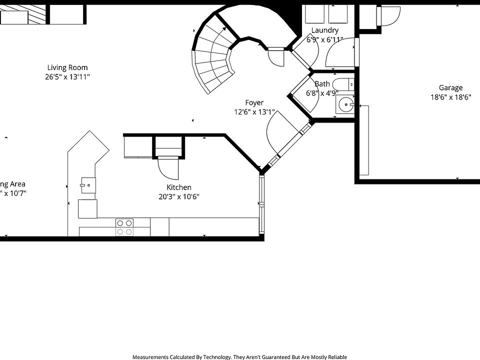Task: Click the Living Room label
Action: [67, 67]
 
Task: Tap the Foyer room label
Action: [254, 103]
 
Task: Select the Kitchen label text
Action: [178, 187]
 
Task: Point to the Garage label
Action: [450, 88]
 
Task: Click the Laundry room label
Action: [324, 30]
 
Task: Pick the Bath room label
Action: [322, 84]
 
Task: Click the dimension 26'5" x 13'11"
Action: [67, 77]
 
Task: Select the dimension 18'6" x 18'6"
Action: [450, 97]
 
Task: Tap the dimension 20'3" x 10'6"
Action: [178, 197]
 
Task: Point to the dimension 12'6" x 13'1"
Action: [254, 112]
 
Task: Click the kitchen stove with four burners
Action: [125, 227]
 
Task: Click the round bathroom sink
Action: [344, 105]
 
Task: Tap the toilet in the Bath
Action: [344, 83]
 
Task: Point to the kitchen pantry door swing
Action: [168, 168]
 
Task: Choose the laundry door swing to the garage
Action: [340, 54]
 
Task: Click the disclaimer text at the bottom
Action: [239, 356]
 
